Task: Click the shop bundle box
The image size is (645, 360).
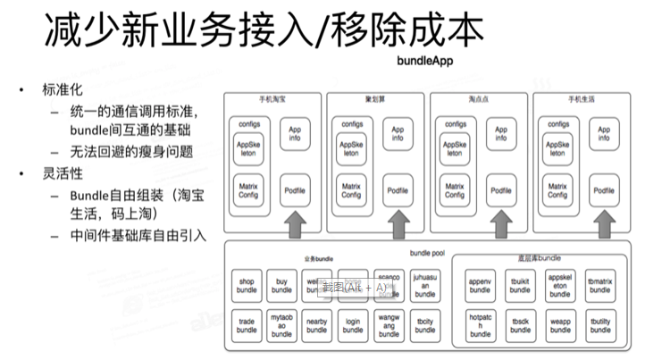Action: tap(247, 285)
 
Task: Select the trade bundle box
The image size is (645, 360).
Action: tap(247, 325)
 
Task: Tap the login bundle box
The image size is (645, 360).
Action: tap(353, 325)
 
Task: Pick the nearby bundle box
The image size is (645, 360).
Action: tap(317, 325)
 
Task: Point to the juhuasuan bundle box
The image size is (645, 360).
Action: tap(424, 285)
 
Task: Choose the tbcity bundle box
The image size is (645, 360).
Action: tap(424, 325)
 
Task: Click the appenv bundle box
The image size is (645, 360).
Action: tap(481, 285)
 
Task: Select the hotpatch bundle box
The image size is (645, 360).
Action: tap(481, 325)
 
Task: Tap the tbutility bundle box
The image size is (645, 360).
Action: tap(599, 325)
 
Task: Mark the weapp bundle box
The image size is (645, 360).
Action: tap(560, 325)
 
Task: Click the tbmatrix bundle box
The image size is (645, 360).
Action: tap(599, 285)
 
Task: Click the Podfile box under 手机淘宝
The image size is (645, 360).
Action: tap(294, 189)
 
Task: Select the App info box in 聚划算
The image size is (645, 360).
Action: tap(398, 135)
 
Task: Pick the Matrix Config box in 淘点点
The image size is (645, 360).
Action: tap(455, 190)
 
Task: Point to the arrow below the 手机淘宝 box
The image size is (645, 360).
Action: tap(294, 224)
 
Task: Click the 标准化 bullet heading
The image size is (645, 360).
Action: tap(62, 90)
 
